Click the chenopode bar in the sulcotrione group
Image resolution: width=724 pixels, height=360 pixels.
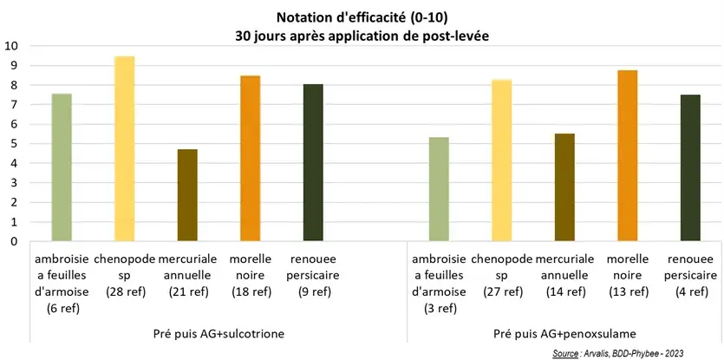(x=125, y=148)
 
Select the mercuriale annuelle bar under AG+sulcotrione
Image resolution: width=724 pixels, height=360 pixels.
(x=187, y=195)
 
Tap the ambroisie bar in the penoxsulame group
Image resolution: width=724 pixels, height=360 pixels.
(x=440, y=189)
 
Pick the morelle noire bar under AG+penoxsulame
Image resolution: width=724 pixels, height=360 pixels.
(x=628, y=155)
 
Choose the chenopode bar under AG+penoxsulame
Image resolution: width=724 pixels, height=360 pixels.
(x=502, y=160)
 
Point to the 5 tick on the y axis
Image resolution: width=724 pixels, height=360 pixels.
(x=14, y=144)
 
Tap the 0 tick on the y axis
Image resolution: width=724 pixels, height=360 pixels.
(x=14, y=242)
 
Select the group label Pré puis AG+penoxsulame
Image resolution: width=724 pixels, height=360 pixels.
(x=564, y=333)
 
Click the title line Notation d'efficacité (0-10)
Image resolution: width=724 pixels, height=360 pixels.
(x=362, y=17)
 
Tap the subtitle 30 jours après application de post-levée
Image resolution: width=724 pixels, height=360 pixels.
(x=362, y=36)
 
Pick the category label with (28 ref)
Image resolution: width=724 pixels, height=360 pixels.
(x=125, y=276)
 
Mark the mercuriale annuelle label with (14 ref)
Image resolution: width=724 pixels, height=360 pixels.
(x=564, y=276)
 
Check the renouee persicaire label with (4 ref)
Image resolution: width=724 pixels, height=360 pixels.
(x=690, y=276)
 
